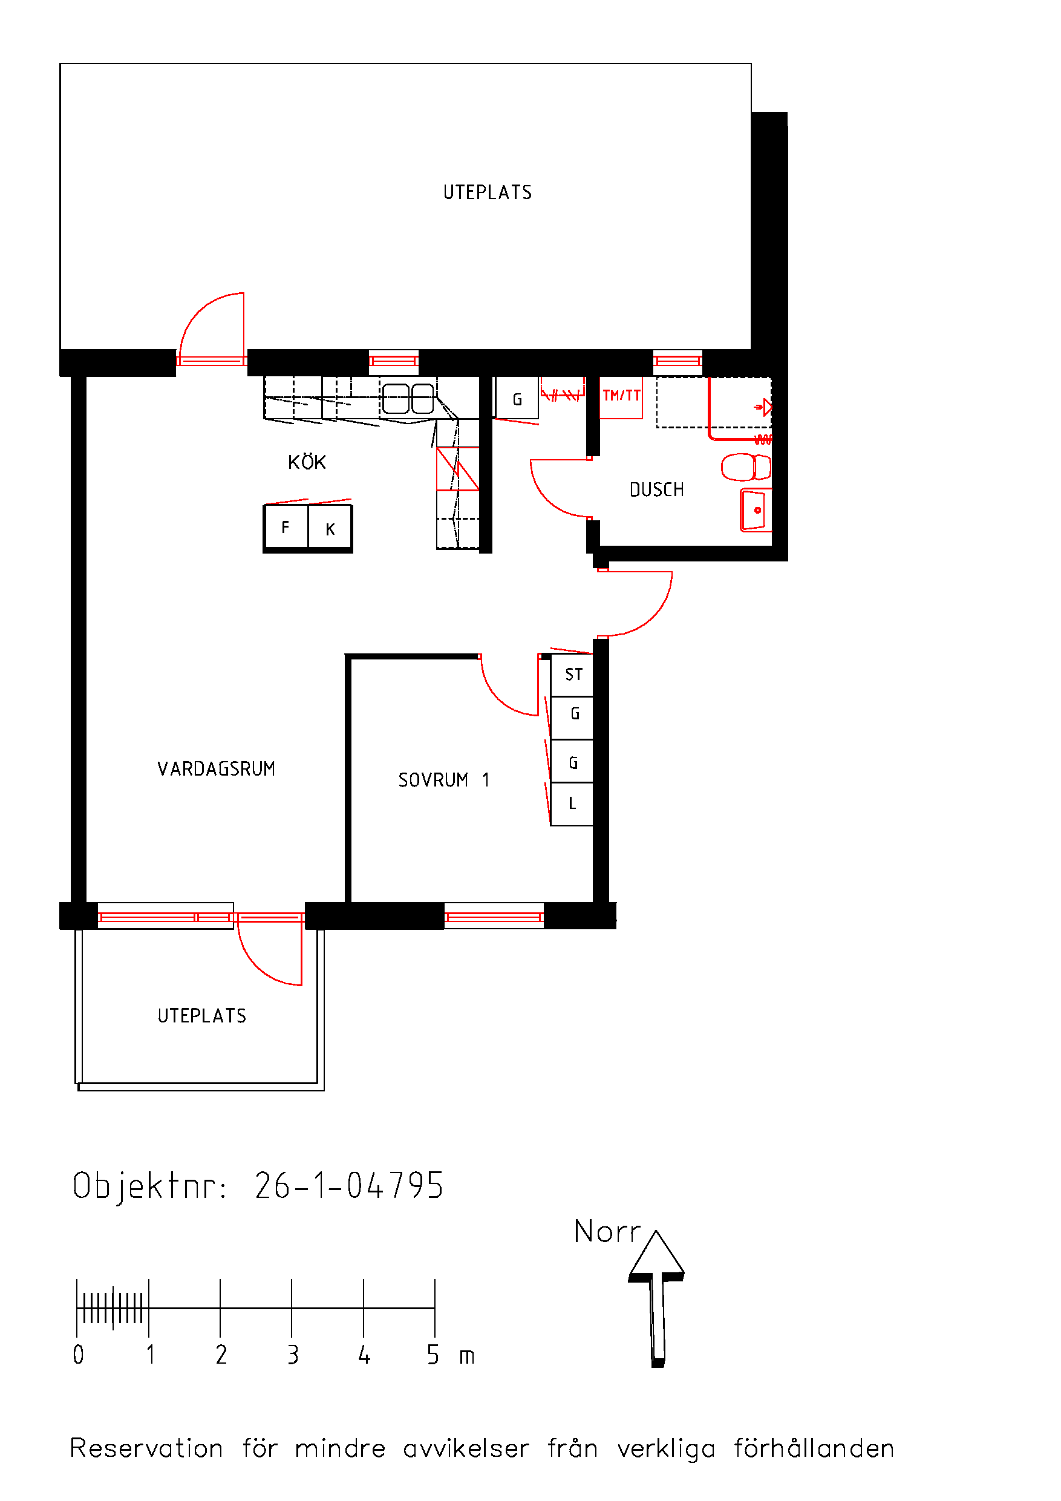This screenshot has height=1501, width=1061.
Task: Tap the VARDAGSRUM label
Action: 217,769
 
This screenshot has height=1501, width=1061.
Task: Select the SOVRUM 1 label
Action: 444,780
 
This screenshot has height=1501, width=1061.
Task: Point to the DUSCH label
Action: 656,489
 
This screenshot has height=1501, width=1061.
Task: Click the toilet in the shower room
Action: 746,467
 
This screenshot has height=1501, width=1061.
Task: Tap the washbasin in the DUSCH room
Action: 756,510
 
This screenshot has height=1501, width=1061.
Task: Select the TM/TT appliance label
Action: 621,396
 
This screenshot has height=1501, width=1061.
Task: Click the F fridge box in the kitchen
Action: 286,527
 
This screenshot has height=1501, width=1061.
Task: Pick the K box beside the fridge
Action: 330,528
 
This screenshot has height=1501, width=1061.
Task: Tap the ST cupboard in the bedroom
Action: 572,675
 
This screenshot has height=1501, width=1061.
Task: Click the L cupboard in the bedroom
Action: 572,804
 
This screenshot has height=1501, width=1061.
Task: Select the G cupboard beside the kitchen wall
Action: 517,398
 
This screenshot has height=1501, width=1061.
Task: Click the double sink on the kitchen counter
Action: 408,399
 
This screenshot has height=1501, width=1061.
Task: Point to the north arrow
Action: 656,1298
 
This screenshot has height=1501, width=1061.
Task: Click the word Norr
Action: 607,1232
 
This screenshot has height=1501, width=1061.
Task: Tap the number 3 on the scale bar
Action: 293,1354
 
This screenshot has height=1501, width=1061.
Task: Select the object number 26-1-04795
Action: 349,1186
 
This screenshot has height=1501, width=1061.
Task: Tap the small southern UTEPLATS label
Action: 202,1015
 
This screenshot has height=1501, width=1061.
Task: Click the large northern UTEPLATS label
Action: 488,192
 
